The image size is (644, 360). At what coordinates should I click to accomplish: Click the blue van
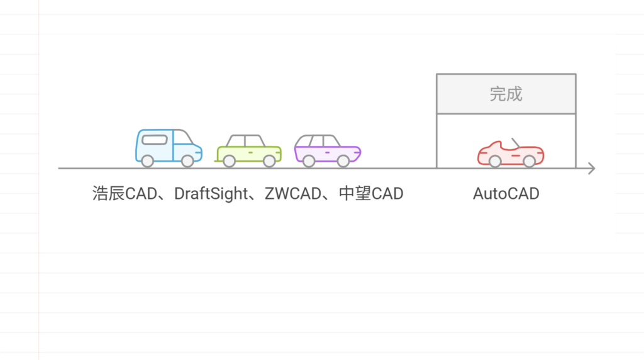coord(169,148)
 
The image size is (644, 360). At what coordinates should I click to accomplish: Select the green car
coord(248,150)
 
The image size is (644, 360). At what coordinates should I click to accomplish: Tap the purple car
coord(327,150)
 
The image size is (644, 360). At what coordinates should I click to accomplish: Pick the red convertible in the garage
coord(511,153)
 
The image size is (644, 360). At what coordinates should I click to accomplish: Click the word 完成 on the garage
coord(506,94)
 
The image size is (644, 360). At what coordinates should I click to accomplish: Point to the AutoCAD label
coord(506,194)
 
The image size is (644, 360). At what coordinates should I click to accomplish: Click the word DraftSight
coord(211,194)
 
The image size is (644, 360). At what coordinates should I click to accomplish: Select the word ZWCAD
coord(293,194)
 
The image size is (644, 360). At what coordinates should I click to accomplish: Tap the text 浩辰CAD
coord(125,194)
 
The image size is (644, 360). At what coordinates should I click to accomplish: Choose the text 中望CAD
coord(371,194)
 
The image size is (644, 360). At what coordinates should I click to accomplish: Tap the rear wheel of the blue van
coord(147,161)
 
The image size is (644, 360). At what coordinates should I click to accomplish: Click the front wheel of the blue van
coord(187,161)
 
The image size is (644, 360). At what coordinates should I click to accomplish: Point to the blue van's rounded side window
coord(155,140)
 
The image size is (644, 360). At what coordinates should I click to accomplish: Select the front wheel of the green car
coord(269,161)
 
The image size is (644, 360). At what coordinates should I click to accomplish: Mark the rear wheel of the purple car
coord(309,161)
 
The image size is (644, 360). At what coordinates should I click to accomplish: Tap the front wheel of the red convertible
coord(530,161)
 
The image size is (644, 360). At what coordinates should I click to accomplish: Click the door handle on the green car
coord(250,152)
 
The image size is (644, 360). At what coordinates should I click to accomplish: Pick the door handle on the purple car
coord(327,152)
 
